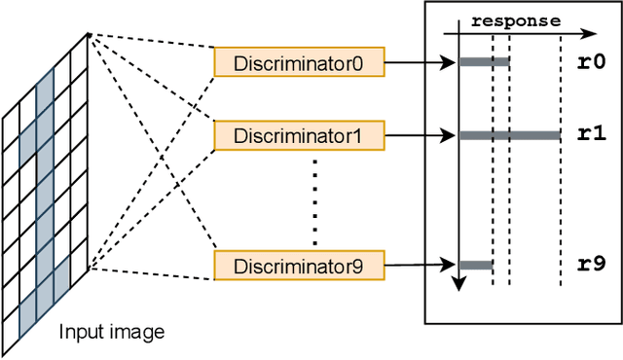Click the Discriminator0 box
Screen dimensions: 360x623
click(299, 63)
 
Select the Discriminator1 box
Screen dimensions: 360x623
click(299, 136)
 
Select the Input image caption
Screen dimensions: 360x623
click(112, 332)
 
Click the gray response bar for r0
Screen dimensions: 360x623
click(484, 63)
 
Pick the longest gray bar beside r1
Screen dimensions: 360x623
click(509, 136)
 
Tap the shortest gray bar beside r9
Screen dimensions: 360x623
click(475, 265)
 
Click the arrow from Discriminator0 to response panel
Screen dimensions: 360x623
click(420, 63)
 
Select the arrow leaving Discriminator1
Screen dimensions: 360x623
click(420, 136)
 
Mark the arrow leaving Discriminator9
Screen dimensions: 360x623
click(420, 263)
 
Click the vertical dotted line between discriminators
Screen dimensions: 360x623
click(314, 199)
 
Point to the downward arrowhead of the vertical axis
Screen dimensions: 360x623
click(458, 284)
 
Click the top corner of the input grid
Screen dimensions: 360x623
click(89, 35)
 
